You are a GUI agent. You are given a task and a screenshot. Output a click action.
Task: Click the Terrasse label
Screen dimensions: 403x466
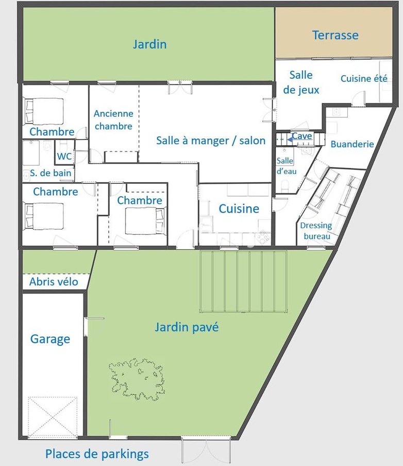tap(335, 35)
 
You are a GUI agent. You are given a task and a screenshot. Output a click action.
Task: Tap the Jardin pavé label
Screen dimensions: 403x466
tap(187, 327)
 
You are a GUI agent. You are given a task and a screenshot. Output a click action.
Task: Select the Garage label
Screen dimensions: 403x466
tap(51, 339)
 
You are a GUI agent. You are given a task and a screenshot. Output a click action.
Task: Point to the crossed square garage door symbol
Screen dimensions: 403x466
tap(53, 417)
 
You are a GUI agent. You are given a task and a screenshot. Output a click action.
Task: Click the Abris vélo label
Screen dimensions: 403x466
tap(54, 282)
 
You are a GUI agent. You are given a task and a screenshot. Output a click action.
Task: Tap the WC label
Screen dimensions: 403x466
tap(64, 156)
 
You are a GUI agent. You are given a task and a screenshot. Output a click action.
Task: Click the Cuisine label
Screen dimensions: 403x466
tap(239, 209)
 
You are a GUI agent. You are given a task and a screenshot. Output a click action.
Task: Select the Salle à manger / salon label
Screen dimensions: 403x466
tap(211, 140)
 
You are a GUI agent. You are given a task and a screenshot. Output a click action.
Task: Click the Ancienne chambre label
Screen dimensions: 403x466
tap(113, 120)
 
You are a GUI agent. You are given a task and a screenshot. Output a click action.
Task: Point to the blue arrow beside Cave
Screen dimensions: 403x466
tap(290, 139)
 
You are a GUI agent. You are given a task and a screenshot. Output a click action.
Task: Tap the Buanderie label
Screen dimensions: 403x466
tap(352, 144)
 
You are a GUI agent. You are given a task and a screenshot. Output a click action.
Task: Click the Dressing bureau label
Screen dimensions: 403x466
tap(316, 231)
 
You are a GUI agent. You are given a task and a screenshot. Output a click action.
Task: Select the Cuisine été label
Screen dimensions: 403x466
tap(364, 78)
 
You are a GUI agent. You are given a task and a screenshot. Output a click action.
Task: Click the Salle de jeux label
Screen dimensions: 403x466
tap(301, 82)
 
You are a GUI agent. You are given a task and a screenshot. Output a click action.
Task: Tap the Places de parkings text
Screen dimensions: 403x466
tap(97, 454)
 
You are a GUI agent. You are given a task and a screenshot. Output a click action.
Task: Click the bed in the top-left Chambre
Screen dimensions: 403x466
tap(44, 111)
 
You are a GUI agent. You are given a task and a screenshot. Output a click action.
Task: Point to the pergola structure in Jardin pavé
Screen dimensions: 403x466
tap(243, 281)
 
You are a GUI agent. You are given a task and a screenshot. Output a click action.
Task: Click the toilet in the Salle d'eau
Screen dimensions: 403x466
tap(285, 185)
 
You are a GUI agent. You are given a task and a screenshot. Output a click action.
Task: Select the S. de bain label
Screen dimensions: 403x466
tap(51, 173)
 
